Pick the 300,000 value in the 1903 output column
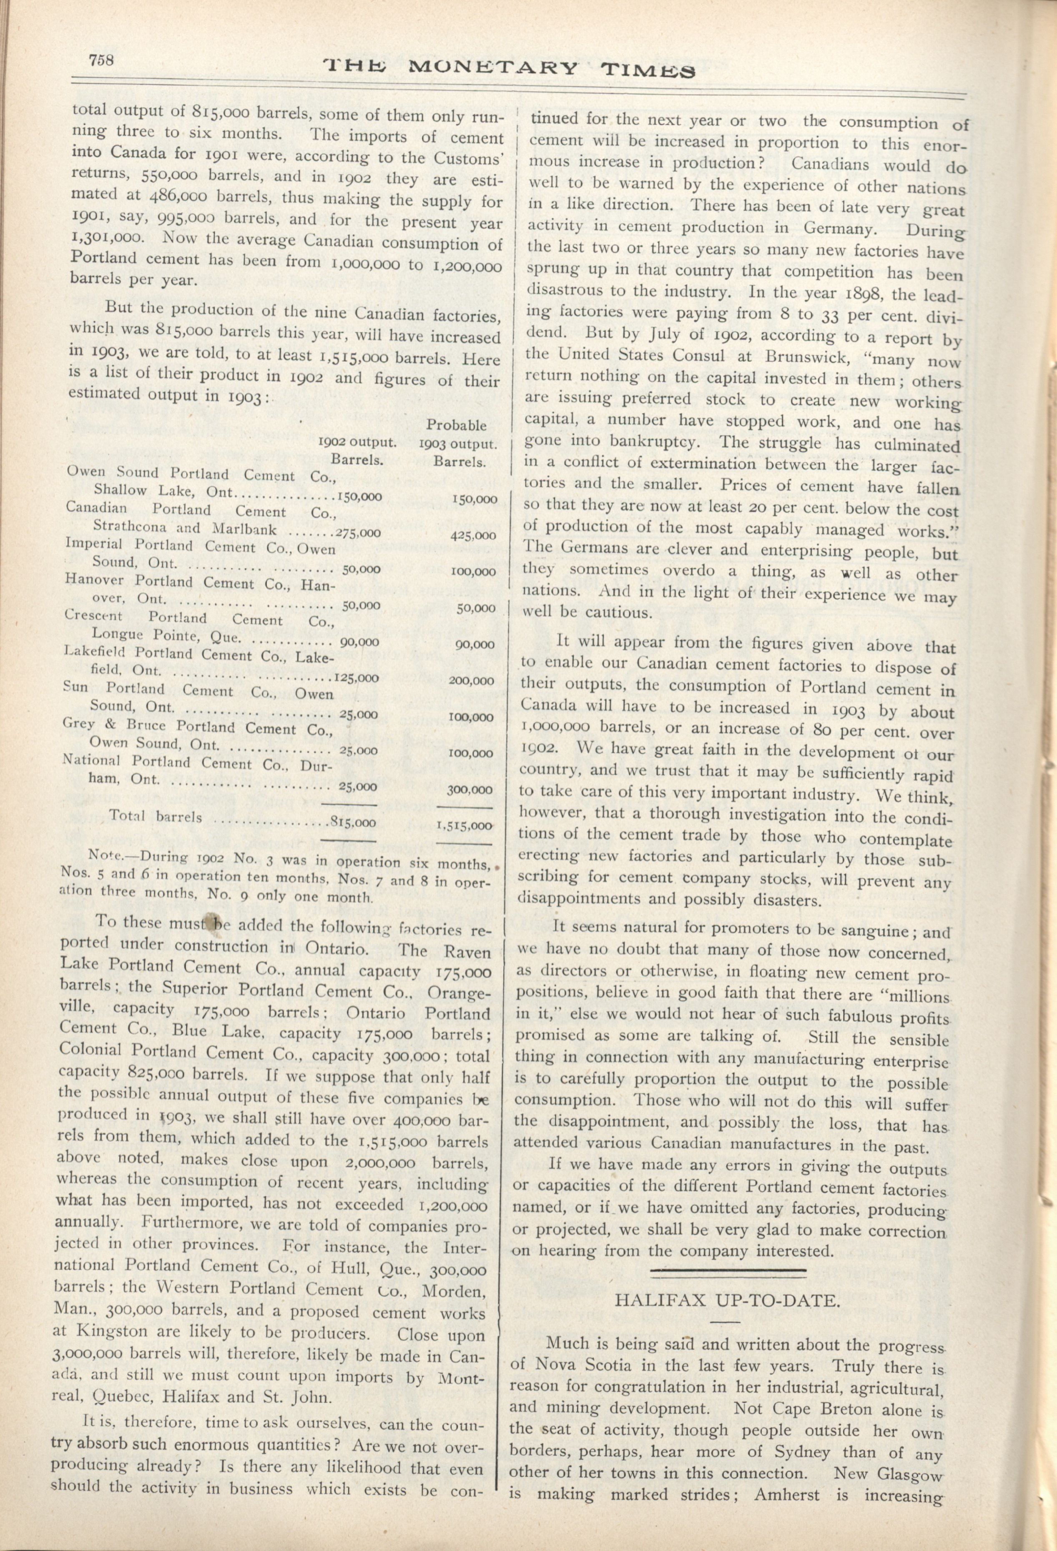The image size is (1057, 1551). point(470,790)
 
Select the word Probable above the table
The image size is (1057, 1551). point(457,425)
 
